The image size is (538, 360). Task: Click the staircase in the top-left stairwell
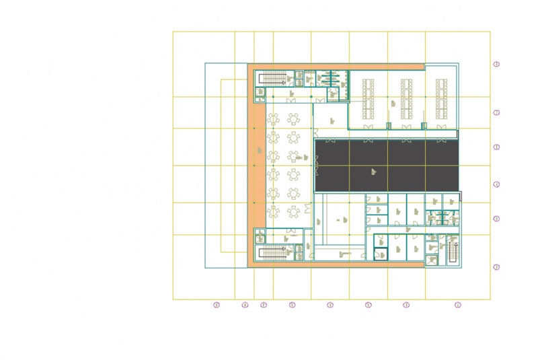click(x=272, y=78)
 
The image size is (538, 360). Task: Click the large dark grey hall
click(x=386, y=166)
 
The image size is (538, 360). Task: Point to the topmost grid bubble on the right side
click(x=497, y=65)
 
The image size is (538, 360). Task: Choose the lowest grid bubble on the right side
click(x=497, y=267)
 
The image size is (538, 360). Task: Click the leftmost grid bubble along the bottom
click(x=217, y=305)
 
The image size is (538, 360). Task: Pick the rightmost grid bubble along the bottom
click(x=458, y=305)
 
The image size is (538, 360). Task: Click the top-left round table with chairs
click(x=274, y=119)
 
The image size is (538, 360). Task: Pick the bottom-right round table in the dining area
click(x=294, y=213)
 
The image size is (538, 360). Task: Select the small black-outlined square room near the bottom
click(x=381, y=254)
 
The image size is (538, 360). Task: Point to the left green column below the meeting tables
click(x=389, y=126)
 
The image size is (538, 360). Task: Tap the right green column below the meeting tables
click(x=423, y=126)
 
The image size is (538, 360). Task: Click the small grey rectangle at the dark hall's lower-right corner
click(x=461, y=196)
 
